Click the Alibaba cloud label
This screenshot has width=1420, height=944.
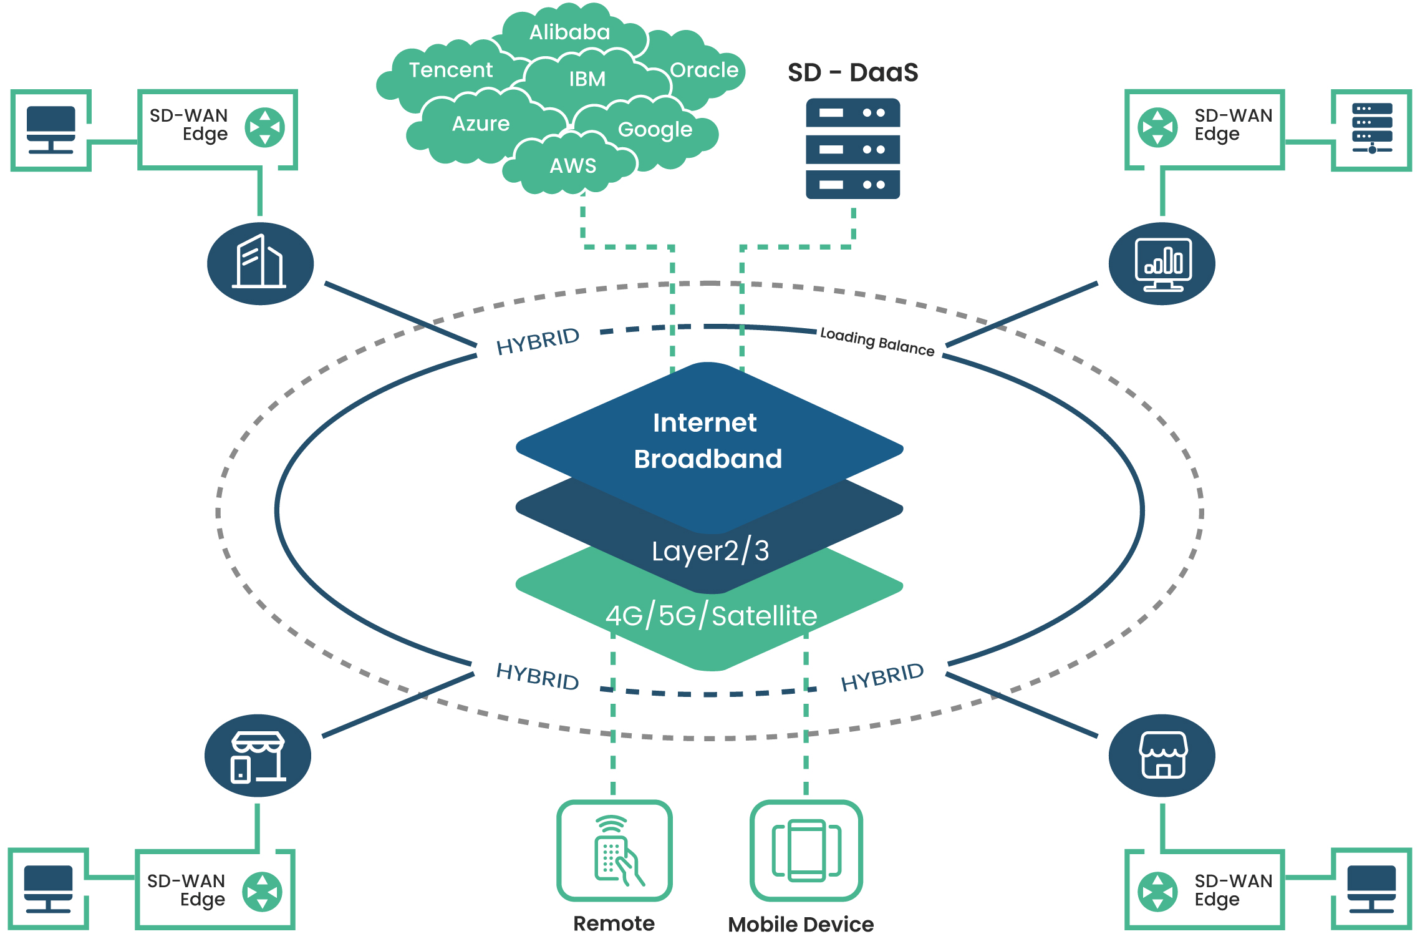click(x=569, y=32)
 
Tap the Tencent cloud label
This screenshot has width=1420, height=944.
click(x=450, y=70)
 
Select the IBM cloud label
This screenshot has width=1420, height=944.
click(x=587, y=79)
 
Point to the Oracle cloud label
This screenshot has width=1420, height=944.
click(x=703, y=70)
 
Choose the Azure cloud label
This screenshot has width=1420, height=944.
click(x=480, y=124)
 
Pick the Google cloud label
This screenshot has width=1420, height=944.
click(x=655, y=129)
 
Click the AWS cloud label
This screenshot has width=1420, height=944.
click(x=572, y=165)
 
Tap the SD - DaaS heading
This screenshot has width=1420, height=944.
click(x=852, y=72)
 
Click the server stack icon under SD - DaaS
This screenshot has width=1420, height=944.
click(x=852, y=148)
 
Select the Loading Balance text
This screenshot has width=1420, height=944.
click(x=877, y=341)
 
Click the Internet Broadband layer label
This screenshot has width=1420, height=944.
click(x=707, y=440)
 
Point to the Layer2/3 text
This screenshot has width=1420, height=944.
click(x=710, y=551)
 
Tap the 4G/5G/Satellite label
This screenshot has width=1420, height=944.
click(x=711, y=616)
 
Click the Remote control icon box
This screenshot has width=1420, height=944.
click(x=614, y=850)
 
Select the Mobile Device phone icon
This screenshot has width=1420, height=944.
click(x=806, y=850)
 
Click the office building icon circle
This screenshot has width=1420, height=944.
click(x=260, y=263)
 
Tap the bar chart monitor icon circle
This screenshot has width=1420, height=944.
click(x=1161, y=263)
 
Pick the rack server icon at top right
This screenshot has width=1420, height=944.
click(x=1371, y=129)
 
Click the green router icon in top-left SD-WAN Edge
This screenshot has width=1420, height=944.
click(x=264, y=128)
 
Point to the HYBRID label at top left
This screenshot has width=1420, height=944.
click(x=538, y=341)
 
